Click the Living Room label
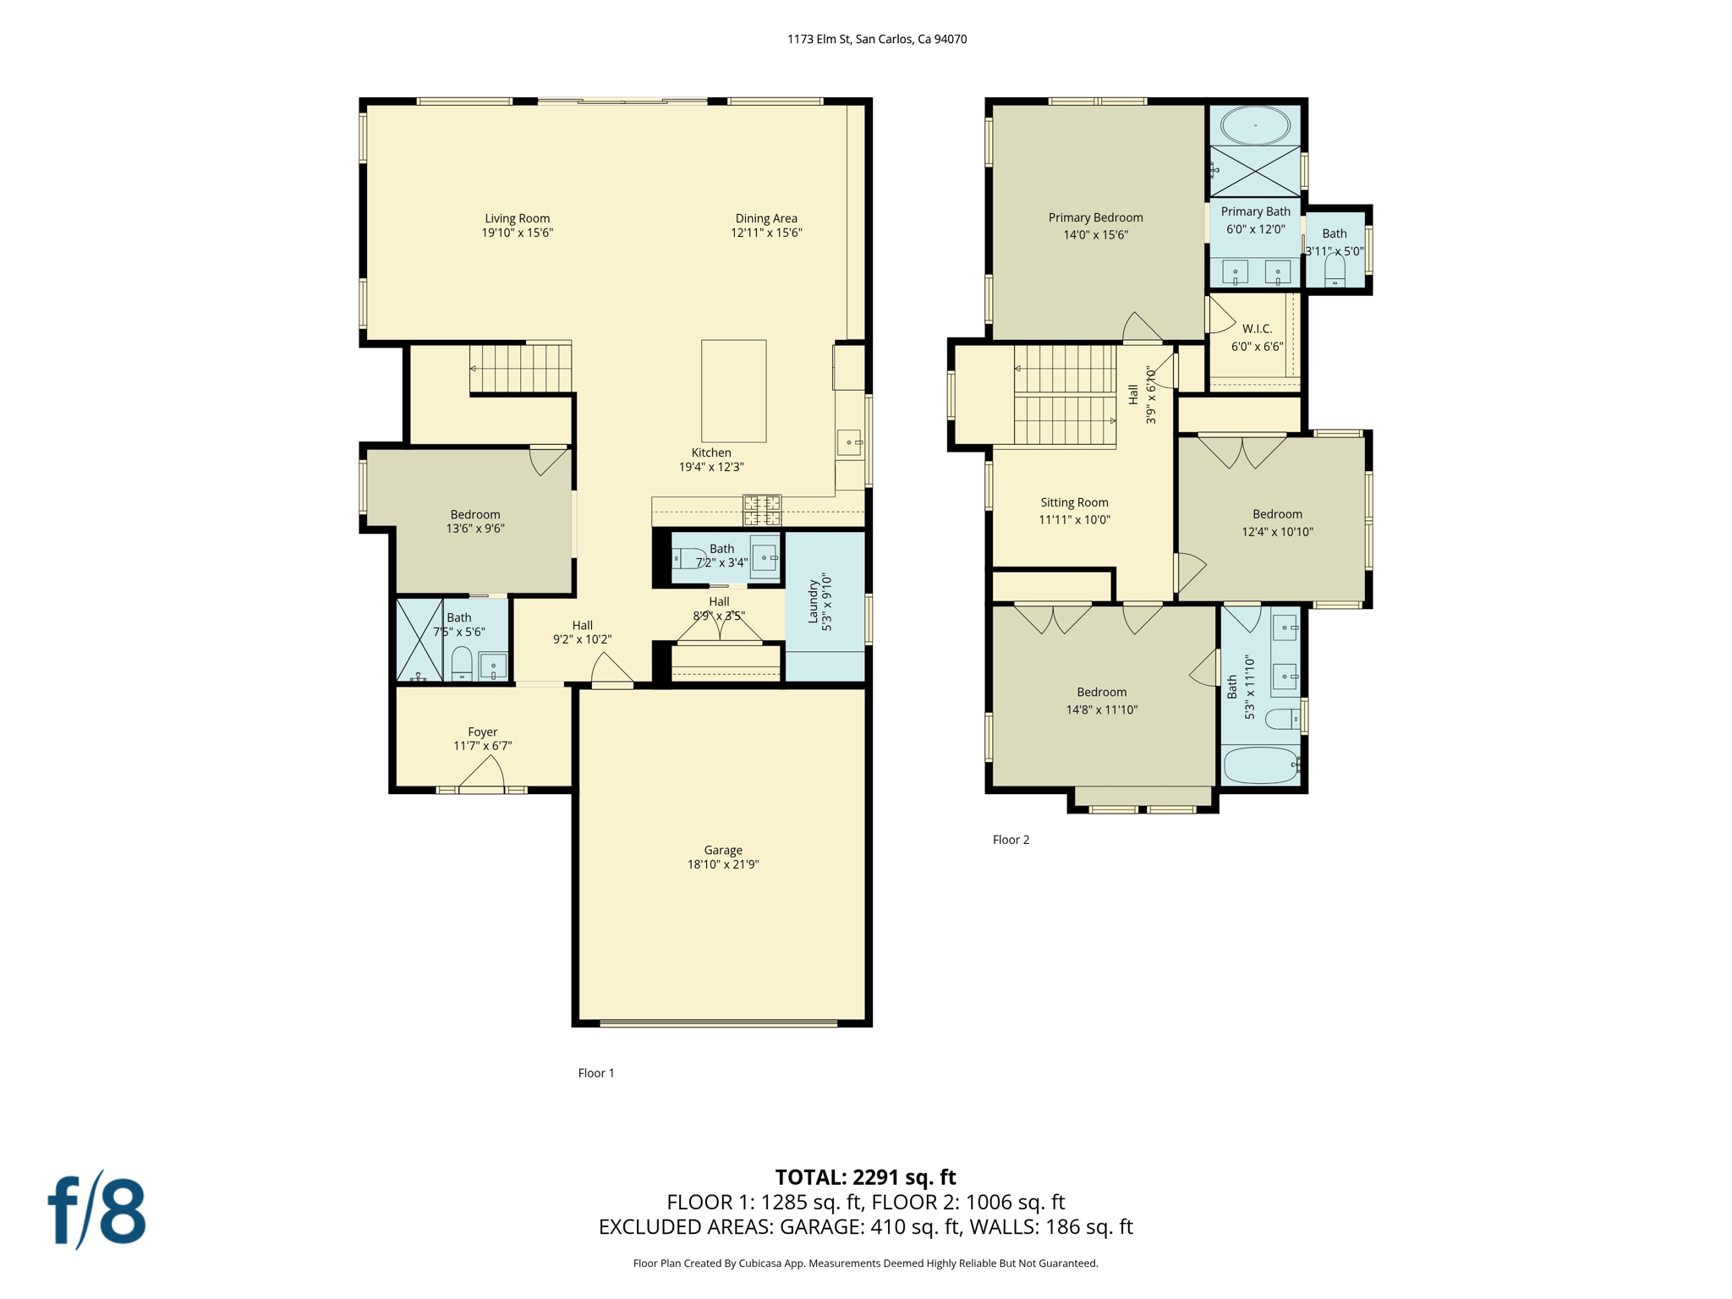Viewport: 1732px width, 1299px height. click(517, 218)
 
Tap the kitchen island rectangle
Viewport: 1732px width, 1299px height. click(733, 391)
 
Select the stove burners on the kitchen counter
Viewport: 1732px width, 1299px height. click(761, 510)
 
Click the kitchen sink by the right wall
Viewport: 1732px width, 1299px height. click(850, 442)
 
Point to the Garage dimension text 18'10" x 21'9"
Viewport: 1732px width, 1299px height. click(722, 864)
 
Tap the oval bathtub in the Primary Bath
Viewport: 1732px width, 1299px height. click(1255, 126)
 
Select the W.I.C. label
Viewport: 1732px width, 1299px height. click(1257, 329)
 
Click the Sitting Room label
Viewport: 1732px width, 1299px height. click(1074, 502)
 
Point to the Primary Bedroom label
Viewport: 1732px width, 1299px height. click(1095, 217)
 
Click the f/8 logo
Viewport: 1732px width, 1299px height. click(96, 1210)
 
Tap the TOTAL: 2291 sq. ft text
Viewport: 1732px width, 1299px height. click(865, 1177)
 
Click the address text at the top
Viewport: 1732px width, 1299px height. click(876, 39)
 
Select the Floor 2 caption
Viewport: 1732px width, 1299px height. click(1011, 840)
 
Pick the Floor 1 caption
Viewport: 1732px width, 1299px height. click(595, 1073)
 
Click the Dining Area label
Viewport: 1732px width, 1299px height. click(765, 218)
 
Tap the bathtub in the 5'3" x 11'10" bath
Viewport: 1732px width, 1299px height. click(1260, 765)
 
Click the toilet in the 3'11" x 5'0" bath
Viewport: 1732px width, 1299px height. click(1335, 271)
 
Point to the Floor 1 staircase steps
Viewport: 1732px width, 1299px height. click(521, 368)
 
